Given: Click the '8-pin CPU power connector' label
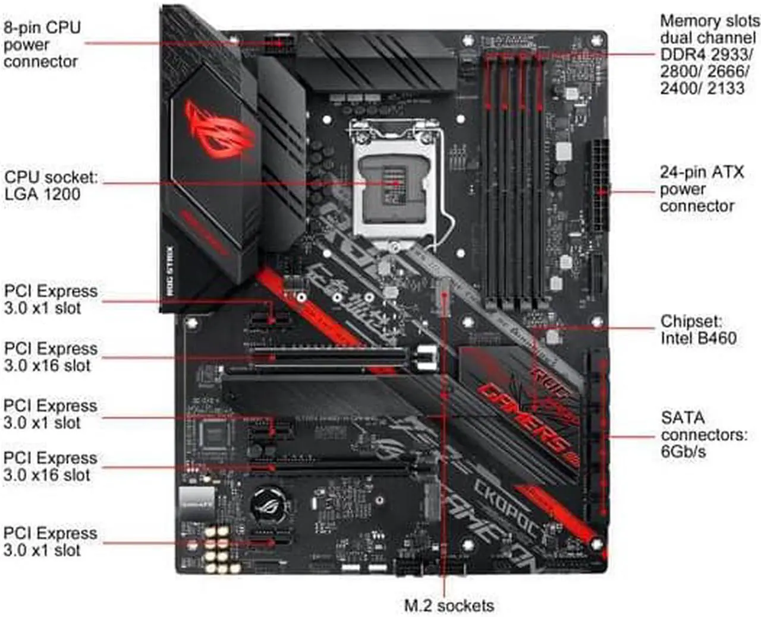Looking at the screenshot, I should pyautogui.click(x=42, y=45).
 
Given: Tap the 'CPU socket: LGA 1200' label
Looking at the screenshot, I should pyautogui.click(x=51, y=186).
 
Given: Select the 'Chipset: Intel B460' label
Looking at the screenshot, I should pyautogui.click(x=698, y=330).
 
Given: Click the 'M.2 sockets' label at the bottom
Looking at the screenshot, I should pyautogui.click(x=449, y=605).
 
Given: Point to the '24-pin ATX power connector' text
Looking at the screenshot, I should pyautogui.click(x=701, y=189).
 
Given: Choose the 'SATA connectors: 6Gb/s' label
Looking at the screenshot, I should pyautogui.click(x=704, y=435).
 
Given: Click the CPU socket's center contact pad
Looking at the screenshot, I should pyautogui.click(x=394, y=182).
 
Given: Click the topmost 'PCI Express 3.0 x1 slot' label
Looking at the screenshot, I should pyautogui.click(x=50, y=300).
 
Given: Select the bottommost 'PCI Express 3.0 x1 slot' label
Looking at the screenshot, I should pyautogui.click(x=50, y=542).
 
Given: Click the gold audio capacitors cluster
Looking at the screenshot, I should pyautogui.click(x=217, y=547).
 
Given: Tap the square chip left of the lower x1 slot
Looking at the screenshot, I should pyautogui.click(x=213, y=433).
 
